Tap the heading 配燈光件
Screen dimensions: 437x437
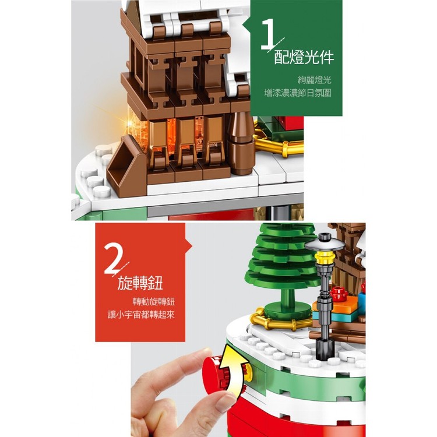tap(304, 58)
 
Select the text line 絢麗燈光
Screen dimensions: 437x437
tap(315, 80)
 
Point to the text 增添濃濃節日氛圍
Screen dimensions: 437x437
tap(298, 93)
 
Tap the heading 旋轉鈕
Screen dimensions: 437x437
tap(140, 283)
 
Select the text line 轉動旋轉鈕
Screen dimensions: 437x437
tap(154, 302)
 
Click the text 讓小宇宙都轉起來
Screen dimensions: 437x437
tap(142, 315)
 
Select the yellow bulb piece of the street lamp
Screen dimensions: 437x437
tap(325, 257)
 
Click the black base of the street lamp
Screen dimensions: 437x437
tap(325, 348)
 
